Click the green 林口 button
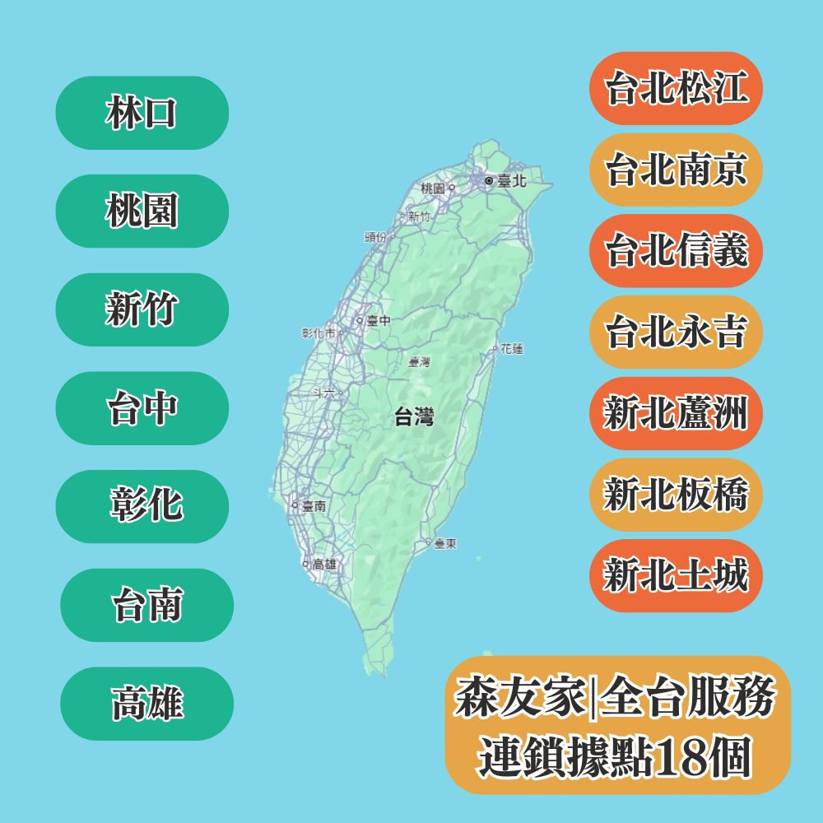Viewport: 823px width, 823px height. (142, 113)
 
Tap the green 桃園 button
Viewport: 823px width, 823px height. (142, 212)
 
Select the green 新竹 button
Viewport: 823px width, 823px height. (142, 309)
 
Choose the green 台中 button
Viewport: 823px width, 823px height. (142, 408)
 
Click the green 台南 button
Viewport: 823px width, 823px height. (146, 605)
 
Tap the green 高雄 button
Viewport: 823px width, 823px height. (146, 704)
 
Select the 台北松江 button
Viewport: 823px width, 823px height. (676, 88)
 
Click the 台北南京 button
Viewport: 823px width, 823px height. (676, 170)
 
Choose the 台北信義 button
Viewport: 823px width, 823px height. (676, 250)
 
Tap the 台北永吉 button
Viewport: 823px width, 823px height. (676, 332)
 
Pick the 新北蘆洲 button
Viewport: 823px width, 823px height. (676, 412)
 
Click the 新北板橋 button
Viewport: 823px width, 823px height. (676, 494)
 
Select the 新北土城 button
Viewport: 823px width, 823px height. (676, 575)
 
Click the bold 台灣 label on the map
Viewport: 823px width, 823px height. (414, 417)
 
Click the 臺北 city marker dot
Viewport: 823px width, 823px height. (489, 179)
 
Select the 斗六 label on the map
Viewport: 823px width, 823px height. (325, 393)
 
